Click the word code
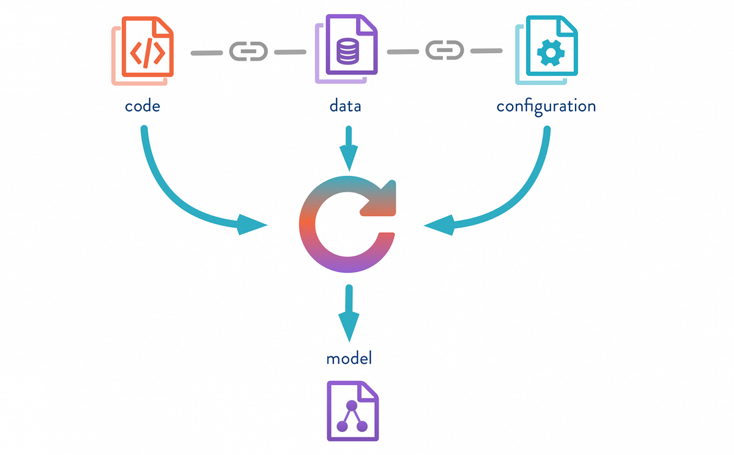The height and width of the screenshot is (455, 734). coord(142,106)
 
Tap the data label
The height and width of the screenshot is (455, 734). coord(345,106)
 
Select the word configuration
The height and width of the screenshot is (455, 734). coord(546,107)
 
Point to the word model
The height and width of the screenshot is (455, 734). coord(349,358)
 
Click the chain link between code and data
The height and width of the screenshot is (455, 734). coord(248,51)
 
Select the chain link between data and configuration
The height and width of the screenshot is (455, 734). coord(445,50)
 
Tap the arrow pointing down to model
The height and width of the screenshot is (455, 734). coord(349,312)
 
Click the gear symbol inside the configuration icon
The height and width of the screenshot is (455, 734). coord(550,53)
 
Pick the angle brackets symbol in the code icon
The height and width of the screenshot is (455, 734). coord(147,53)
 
